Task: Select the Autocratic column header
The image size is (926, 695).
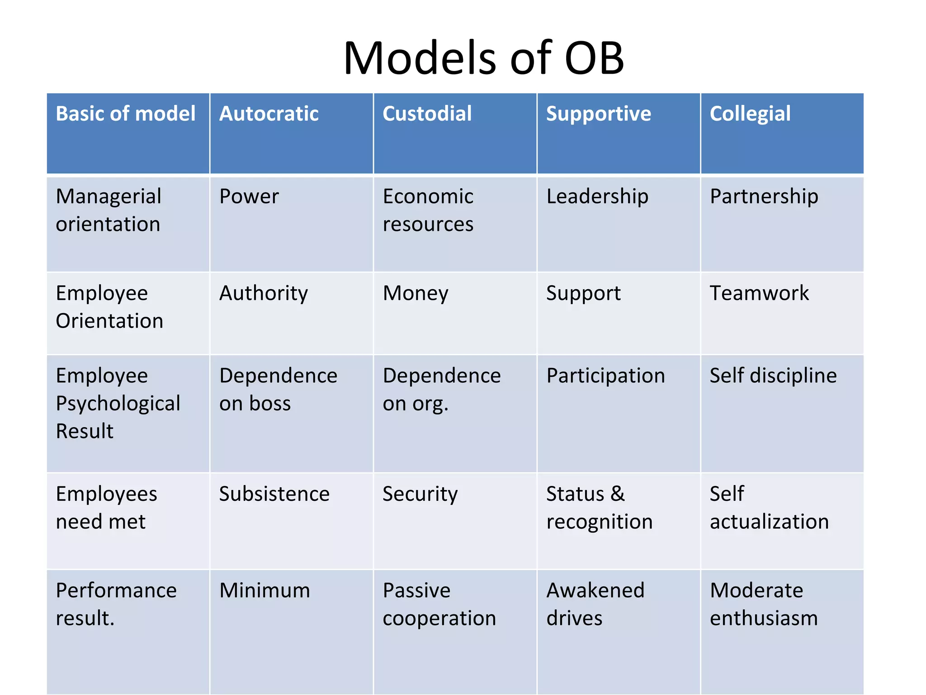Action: pyautogui.click(x=269, y=114)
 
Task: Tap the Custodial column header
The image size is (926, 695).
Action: pyautogui.click(x=427, y=114)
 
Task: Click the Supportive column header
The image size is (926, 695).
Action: pyautogui.click(x=599, y=114)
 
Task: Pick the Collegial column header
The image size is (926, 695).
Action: pyautogui.click(x=750, y=114)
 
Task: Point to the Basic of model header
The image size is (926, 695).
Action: pyautogui.click(x=126, y=114)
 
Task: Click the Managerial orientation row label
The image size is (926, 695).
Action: pyautogui.click(x=109, y=210)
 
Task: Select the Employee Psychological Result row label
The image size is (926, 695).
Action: pyautogui.click(x=118, y=403)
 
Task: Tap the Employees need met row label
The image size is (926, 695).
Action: pyautogui.click(x=106, y=508)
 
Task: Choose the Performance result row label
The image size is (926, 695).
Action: pyautogui.click(x=116, y=604)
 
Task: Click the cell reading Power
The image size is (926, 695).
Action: pyautogui.click(x=249, y=197)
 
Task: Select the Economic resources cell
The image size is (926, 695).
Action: pyautogui.click(x=428, y=210)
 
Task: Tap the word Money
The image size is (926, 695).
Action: pyautogui.click(x=416, y=293)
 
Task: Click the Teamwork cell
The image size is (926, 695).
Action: pyautogui.click(x=759, y=293)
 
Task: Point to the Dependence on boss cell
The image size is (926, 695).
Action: pyautogui.click(x=278, y=389)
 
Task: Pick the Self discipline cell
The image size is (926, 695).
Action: pyautogui.click(x=773, y=376)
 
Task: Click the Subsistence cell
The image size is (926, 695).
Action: pyautogui.click(x=274, y=494)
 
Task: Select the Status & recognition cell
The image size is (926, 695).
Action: pyautogui.click(x=599, y=508)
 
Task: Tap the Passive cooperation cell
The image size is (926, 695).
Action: pyautogui.click(x=439, y=604)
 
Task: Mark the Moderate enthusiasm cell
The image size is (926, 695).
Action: pyautogui.click(x=764, y=604)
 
